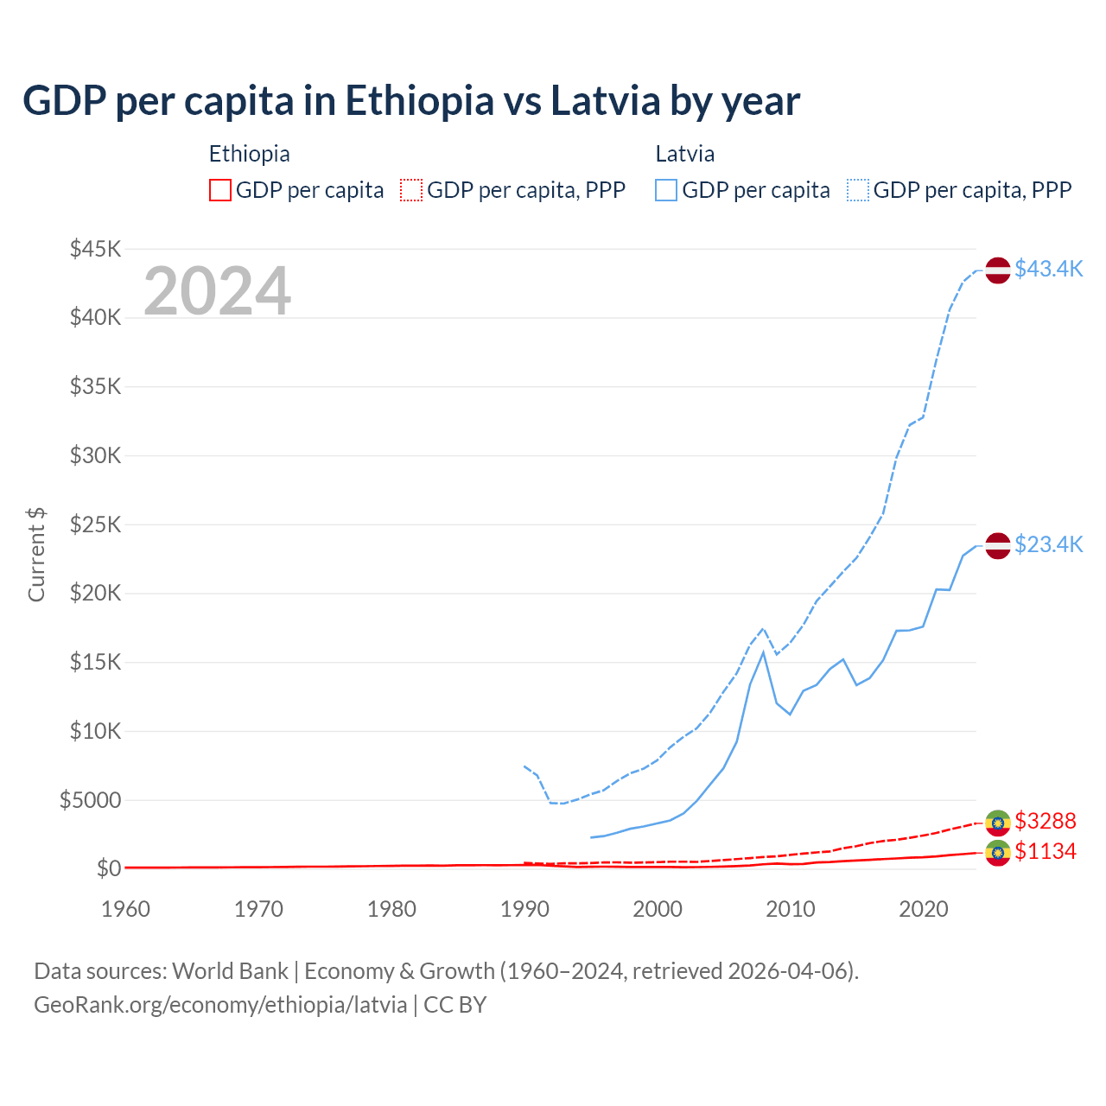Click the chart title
click(x=411, y=101)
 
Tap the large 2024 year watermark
click(x=217, y=291)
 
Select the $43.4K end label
click(x=1048, y=269)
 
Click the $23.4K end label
click(x=1048, y=544)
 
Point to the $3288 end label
click(x=1046, y=821)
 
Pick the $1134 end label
click(x=1046, y=852)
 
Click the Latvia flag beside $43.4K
click(x=998, y=270)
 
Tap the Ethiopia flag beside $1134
click(x=998, y=854)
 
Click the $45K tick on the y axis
click(x=96, y=250)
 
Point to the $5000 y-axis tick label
click(x=91, y=800)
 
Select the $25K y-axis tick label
click(x=96, y=524)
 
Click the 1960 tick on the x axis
click(x=126, y=909)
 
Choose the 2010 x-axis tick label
click(x=791, y=909)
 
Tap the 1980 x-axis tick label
click(x=391, y=909)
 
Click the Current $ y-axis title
click(x=36, y=555)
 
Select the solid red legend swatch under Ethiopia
click(x=220, y=190)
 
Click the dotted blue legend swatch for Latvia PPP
click(x=858, y=190)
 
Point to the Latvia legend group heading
click(x=684, y=154)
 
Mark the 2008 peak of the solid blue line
click(x=763, y=652)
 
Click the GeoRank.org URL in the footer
click(x=220, y=1005)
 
